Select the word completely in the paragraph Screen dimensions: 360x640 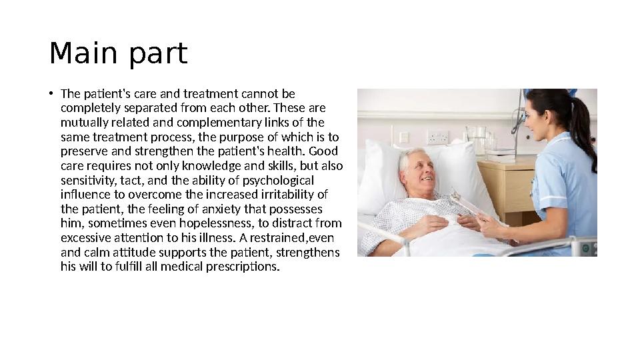[x=87, y=108]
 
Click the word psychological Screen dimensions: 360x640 [x=273, y=181]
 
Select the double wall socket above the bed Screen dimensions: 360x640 [x=437, y=137]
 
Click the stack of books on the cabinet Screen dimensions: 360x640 [x=501, y=155]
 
